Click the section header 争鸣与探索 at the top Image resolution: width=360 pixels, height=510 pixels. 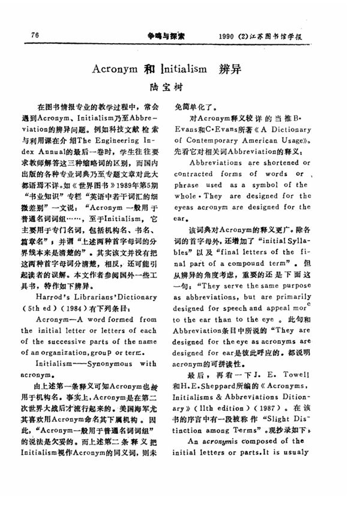click(167, 35)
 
